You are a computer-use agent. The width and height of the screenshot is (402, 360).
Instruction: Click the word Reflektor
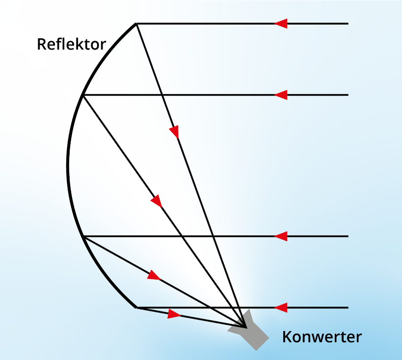coord(71,45)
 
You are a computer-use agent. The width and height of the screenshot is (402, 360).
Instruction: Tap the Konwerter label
coord(322,337)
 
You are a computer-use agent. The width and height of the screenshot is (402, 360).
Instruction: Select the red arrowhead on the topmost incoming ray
coord(281,24)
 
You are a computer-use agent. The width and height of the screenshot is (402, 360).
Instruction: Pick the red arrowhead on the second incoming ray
coord(281,95)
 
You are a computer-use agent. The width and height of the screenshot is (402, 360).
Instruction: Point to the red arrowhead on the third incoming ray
coord(281,236)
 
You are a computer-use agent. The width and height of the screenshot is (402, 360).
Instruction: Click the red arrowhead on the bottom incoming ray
coord(281,308)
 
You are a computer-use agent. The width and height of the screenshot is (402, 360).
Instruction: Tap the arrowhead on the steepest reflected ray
coord(174,131)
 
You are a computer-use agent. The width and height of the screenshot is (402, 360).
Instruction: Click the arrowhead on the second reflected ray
coord(157,201)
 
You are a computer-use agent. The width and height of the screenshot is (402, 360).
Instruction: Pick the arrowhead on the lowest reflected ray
coord(174,313)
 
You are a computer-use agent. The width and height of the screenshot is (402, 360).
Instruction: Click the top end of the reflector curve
coord(136,24)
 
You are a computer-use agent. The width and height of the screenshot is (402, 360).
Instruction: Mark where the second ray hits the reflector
coord(83,95)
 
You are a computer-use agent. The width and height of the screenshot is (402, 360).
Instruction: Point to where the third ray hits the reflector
coord(84,236)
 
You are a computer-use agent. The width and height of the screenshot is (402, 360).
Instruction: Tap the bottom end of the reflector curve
coord(136,308)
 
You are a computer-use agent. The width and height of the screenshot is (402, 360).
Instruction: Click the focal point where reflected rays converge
coord(244,326)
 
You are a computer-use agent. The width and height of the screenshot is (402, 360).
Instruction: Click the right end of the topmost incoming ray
coord(348,24)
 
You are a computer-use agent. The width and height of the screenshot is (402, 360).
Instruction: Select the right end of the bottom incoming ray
coord(348,308)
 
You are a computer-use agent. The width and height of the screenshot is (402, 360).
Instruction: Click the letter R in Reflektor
coord(41,45)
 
